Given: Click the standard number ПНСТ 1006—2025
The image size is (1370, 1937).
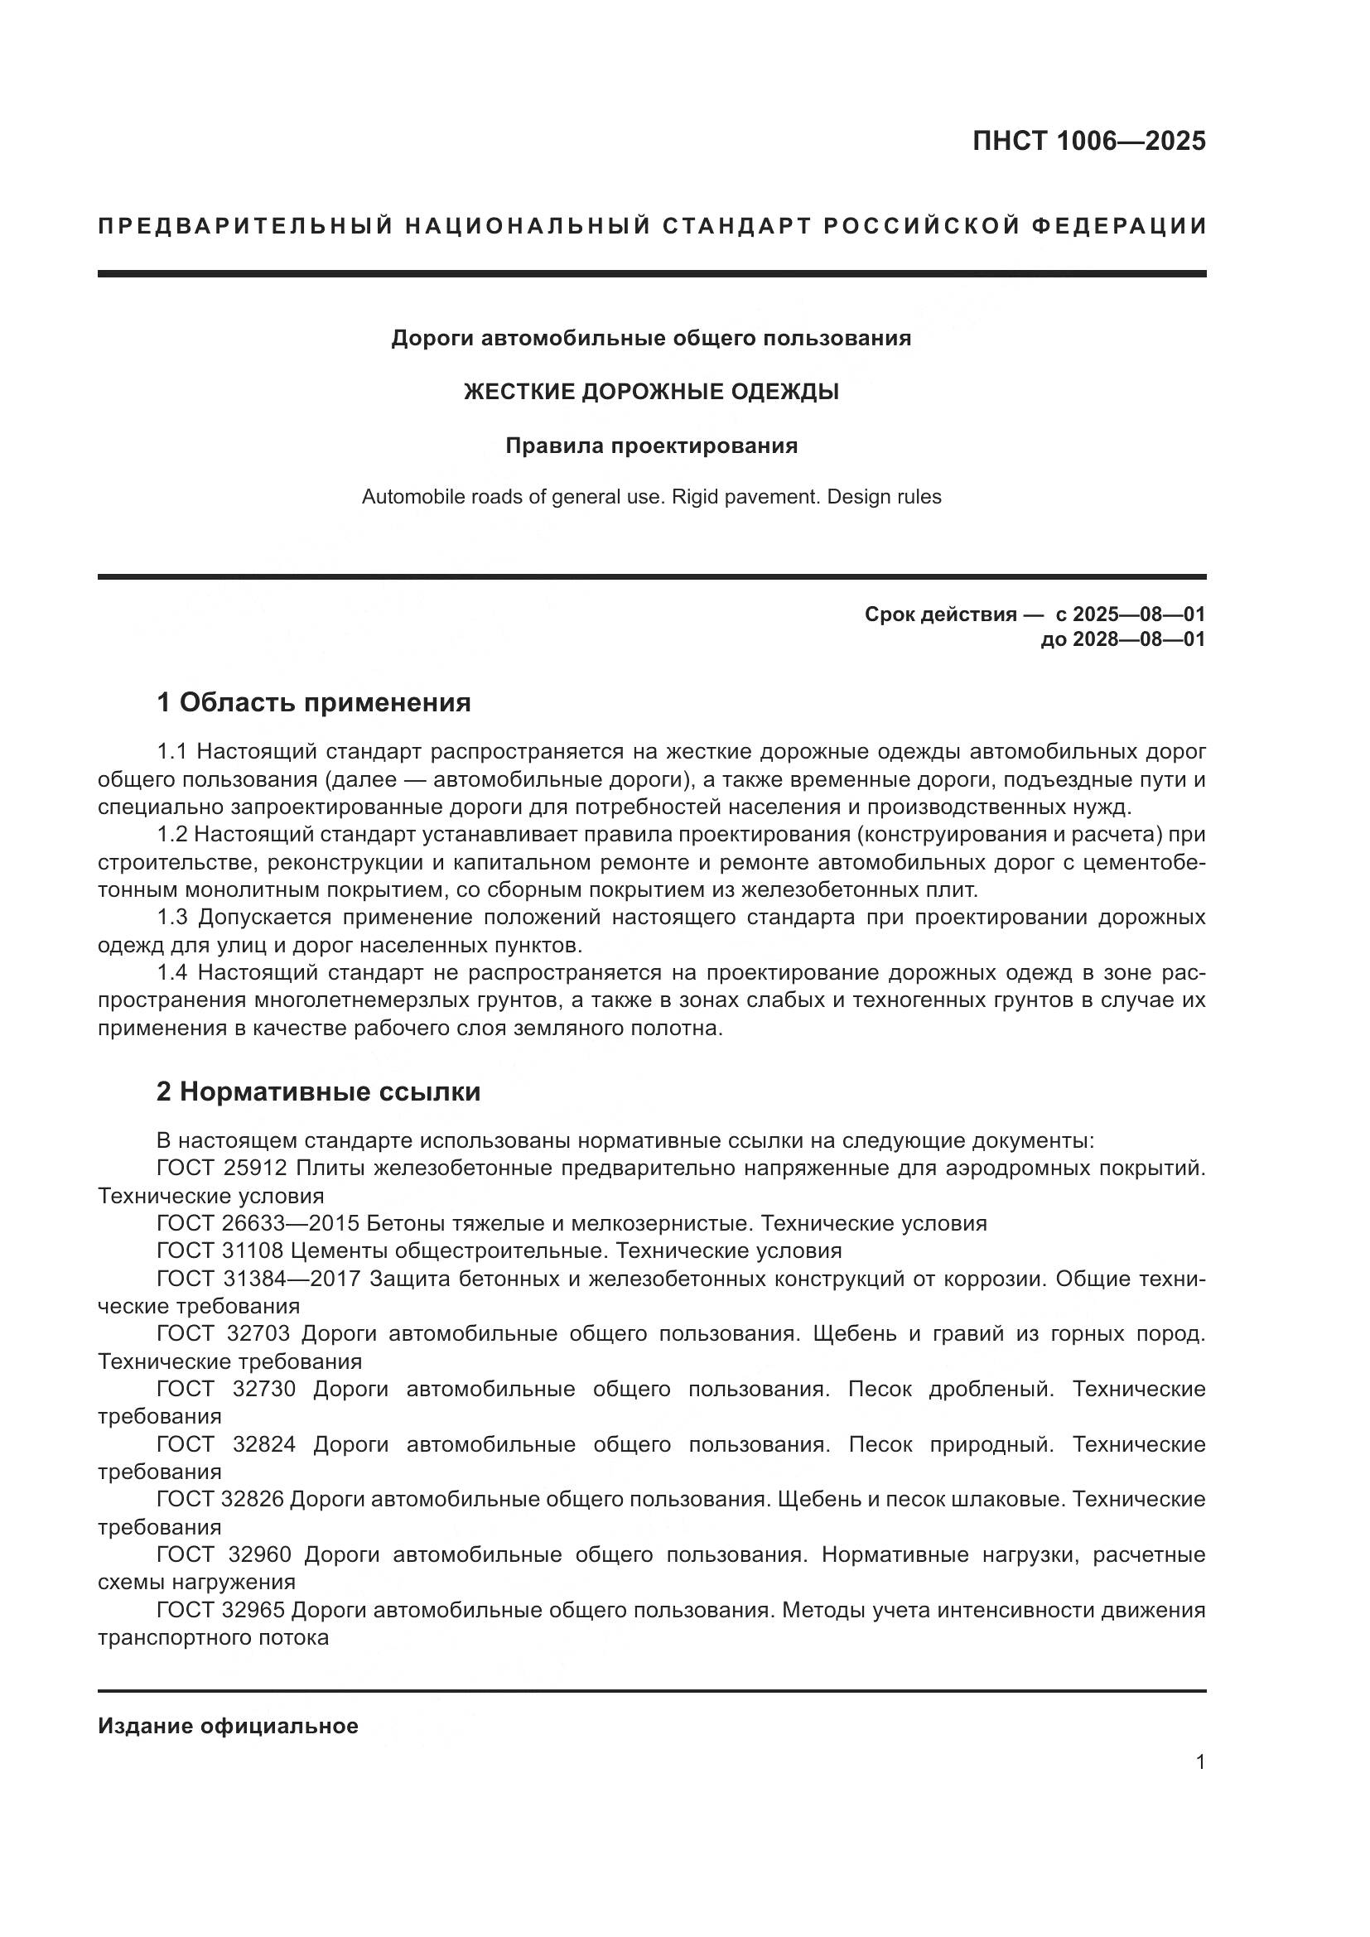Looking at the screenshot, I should [1088, 141].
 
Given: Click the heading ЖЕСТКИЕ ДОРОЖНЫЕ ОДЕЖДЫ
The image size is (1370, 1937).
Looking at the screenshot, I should [651, 392].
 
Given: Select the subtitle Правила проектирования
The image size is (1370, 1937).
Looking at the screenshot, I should [651, 446].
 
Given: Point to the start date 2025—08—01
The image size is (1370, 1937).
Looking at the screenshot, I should [1131, 614].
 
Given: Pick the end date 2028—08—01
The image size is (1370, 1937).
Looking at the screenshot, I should [1139, 639].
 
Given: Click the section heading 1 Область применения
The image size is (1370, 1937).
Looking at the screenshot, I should [314, 702].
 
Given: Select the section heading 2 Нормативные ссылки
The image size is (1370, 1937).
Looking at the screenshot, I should [319, 1091].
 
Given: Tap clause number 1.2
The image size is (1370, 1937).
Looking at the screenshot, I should [173, 835].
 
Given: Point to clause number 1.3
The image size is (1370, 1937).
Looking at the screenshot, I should [173, 917].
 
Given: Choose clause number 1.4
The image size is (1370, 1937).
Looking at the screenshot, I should [173, 973].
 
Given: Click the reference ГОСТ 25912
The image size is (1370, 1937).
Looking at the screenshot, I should [223, 1168].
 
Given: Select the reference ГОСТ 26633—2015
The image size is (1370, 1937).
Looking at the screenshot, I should [258, 1223].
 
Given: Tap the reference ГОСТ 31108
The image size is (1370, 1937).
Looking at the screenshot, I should [223, 1250].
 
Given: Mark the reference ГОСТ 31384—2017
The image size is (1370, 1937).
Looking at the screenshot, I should [258, 1279].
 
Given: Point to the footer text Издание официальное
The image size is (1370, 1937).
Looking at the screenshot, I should [228, 1726].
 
